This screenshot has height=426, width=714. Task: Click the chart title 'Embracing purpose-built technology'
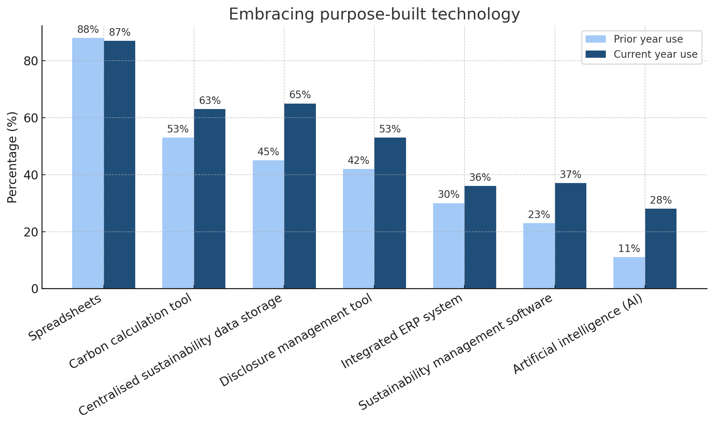(374, 14)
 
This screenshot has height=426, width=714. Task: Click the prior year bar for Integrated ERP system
(449, 246)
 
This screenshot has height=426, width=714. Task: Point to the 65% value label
(300, 95)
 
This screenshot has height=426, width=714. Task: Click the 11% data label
(629, 249)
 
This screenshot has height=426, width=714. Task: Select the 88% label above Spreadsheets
(88, 30)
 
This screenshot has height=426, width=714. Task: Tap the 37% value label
(570, 175)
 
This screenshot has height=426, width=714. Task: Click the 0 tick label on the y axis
(35, 289)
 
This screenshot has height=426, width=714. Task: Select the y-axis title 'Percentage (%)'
(12, 157)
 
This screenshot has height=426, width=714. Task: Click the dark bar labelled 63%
(210, 199)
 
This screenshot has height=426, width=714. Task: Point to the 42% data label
(358, 161)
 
